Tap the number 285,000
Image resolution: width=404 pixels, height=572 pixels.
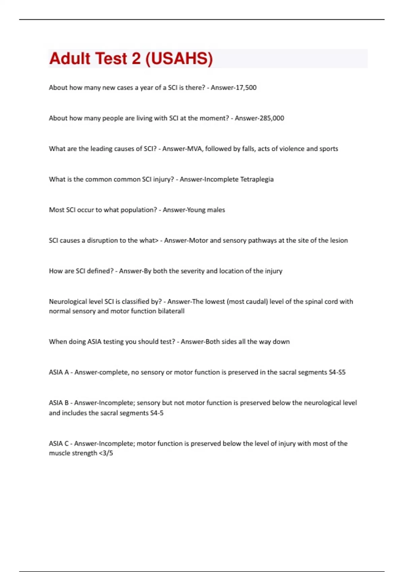272,118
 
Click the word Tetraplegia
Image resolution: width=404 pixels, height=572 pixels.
257,179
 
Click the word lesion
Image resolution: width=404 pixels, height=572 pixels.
339,241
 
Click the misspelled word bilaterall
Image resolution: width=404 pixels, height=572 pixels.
171,311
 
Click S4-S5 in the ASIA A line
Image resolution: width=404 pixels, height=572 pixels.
337,372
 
